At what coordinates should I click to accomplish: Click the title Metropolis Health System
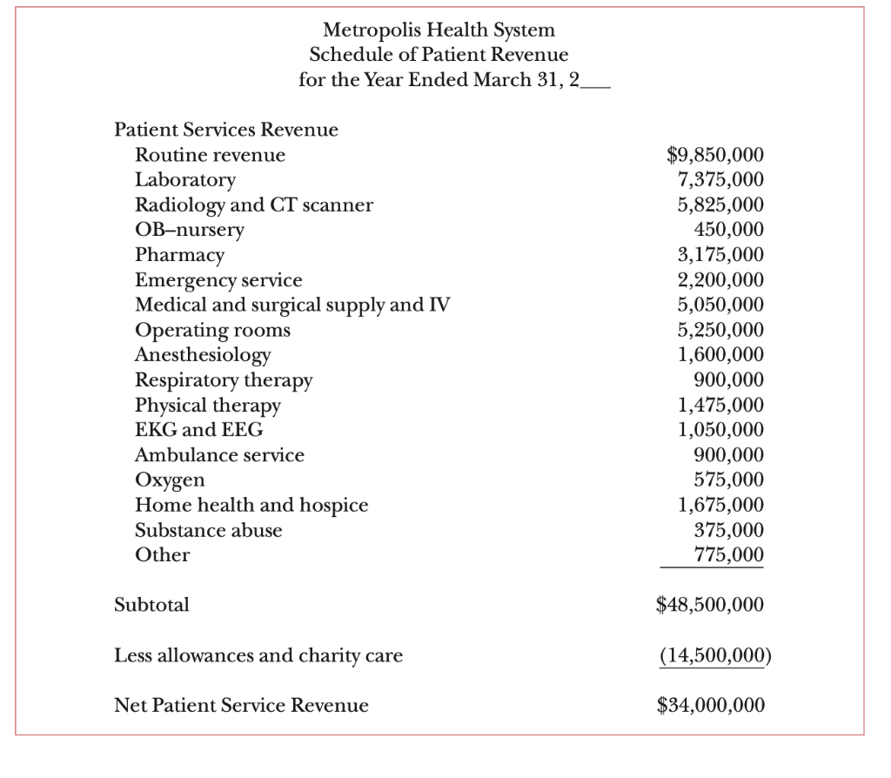(x=439, y=30)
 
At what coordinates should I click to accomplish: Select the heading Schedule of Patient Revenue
(x=439, y=55)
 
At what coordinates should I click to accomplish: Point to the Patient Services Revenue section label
(x=226, y=130)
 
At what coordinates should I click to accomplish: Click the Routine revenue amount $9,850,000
(x=715, y=155)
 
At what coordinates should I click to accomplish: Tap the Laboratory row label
(x=185, y=180)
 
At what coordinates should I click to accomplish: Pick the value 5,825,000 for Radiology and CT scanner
(x=720, y=205)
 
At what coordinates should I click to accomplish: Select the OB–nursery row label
(x=190, y=230)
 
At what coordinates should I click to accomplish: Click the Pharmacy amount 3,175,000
(x=720, y=255)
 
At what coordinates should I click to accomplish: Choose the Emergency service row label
(x=218, y=280)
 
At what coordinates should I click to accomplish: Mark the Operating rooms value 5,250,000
(x=720, y=330)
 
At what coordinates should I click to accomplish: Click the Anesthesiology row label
(x=203, y=355)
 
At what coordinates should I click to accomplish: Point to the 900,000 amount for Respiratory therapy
(x=728, y=380)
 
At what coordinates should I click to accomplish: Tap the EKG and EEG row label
(x=198, y=430)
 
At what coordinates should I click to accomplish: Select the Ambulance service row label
(x=219, y=455)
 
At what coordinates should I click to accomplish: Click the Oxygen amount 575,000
(x=728, y=480)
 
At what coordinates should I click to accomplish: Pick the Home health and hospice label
(x=251, y=505)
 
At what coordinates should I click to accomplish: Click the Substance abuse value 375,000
(x=728, y=530)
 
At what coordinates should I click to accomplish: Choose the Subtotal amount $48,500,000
(x=710, y=605)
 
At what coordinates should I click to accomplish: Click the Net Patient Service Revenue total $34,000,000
(x=711, y=705)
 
